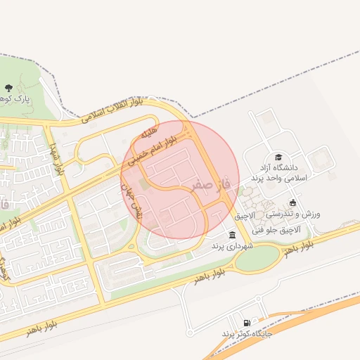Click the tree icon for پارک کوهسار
click(8, 88)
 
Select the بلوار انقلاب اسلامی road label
click(111, 110)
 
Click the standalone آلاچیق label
click(247, 214)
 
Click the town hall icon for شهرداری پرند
click(232, 235)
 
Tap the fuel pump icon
click(245, 321)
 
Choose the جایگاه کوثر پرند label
click(247, 333)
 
